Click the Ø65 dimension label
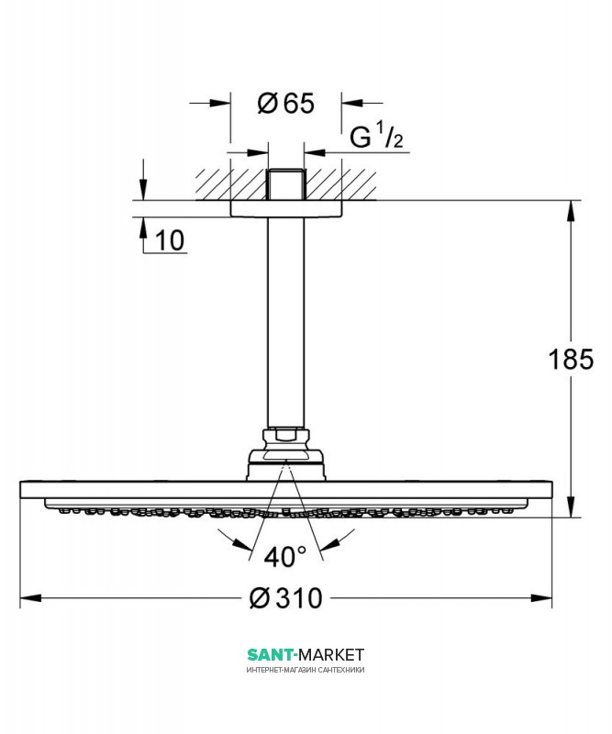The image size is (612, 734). [285, 103]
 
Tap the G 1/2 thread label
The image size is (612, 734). [376, 136]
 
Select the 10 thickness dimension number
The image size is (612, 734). [170, 240]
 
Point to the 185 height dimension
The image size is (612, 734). [571, 359]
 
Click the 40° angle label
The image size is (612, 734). [284, 557]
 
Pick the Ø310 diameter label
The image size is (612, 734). [286, 598]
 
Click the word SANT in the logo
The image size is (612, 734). [270, 654]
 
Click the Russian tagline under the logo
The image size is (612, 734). [306, 670]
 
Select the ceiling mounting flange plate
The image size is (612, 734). [286, 209]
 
